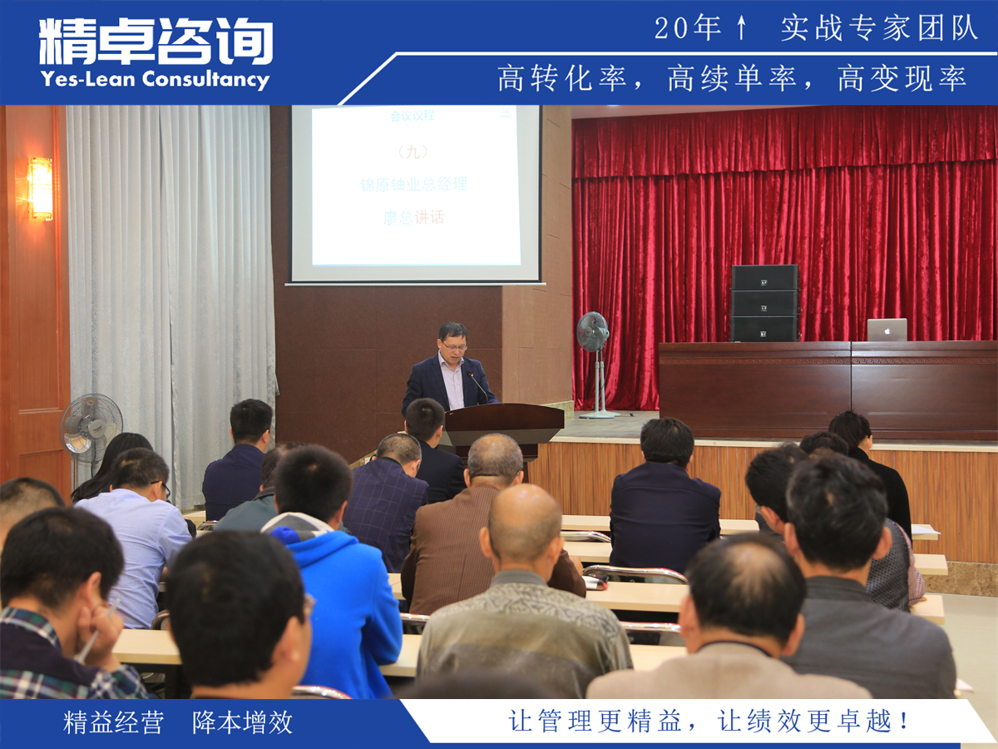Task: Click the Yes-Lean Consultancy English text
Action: [x=155, y=80]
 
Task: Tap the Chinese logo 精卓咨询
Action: [x=156, y=42]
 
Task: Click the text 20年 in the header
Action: [x=687, y=28]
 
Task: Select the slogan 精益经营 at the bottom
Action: [x=113, y=722]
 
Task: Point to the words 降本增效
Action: [x=243, y=722]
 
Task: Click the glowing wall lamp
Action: [x=40, y=188]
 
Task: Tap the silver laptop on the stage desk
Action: [x=887, y=330]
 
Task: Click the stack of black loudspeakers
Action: [x=764, y=303]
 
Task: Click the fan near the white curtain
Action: [x=91, y=425]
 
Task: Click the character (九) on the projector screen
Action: [x=413, y=151]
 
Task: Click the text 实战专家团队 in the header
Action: [x=880, y=28]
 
